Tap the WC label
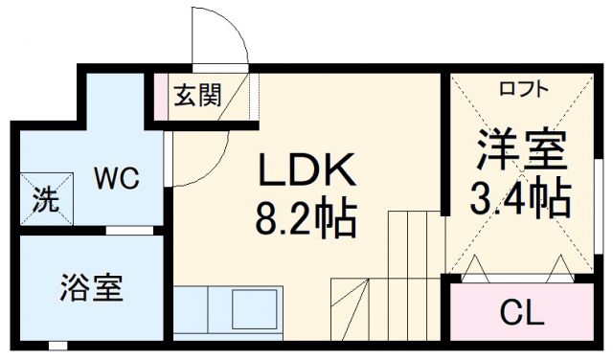tap(117, 178)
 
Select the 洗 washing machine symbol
tap(46, 201)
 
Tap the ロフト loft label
tap(523, 89)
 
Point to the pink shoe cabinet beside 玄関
tap(161, 96)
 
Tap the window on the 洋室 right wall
tap(595, 239)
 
